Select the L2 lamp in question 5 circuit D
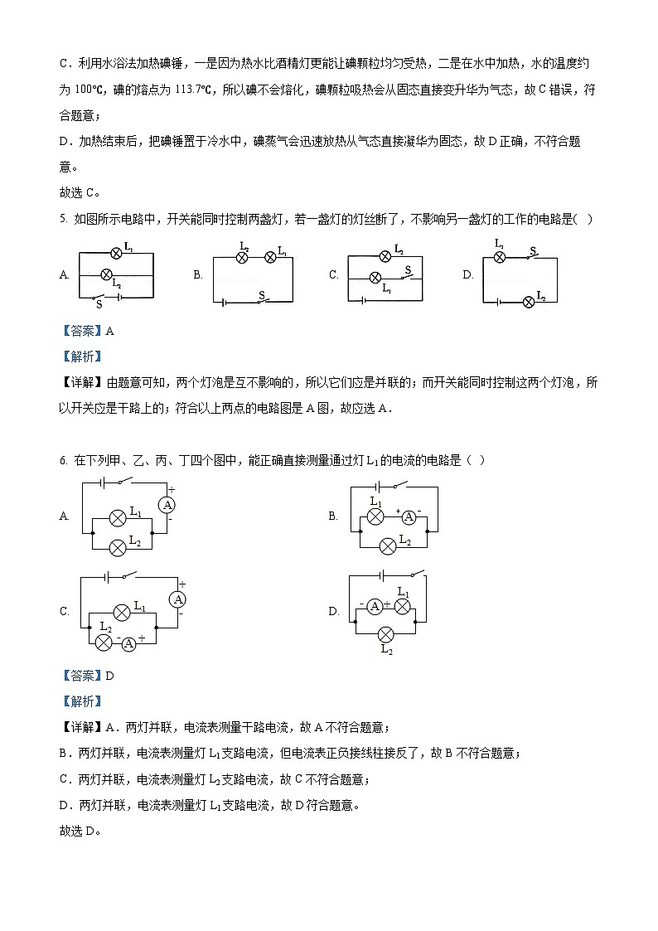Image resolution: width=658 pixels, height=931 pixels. pos(528,302)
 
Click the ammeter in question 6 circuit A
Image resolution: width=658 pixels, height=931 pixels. pos(167,505)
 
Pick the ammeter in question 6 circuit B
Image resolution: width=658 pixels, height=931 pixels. pos(408,517)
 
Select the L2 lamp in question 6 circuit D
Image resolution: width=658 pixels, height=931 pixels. pos(385,635)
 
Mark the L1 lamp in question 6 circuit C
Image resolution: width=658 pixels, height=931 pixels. pos(121,613)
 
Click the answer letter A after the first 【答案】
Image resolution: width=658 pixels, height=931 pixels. pos(109,331)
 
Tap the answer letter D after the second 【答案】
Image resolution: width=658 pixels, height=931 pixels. pos(109,676)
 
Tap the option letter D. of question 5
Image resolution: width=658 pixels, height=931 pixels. pos(467,275)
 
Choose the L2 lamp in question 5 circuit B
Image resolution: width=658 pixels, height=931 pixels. pos(243,258)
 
